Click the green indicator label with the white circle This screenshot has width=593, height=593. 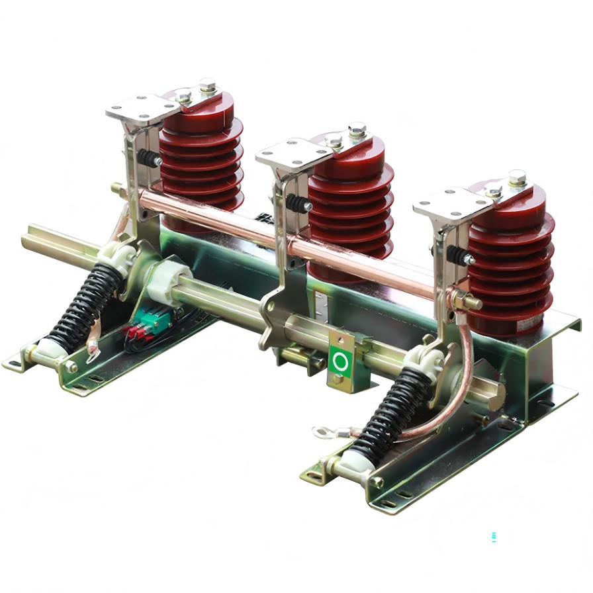point(340,361)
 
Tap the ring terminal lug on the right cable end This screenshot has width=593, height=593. point(324,433)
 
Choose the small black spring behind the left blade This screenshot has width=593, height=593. point(148,159)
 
